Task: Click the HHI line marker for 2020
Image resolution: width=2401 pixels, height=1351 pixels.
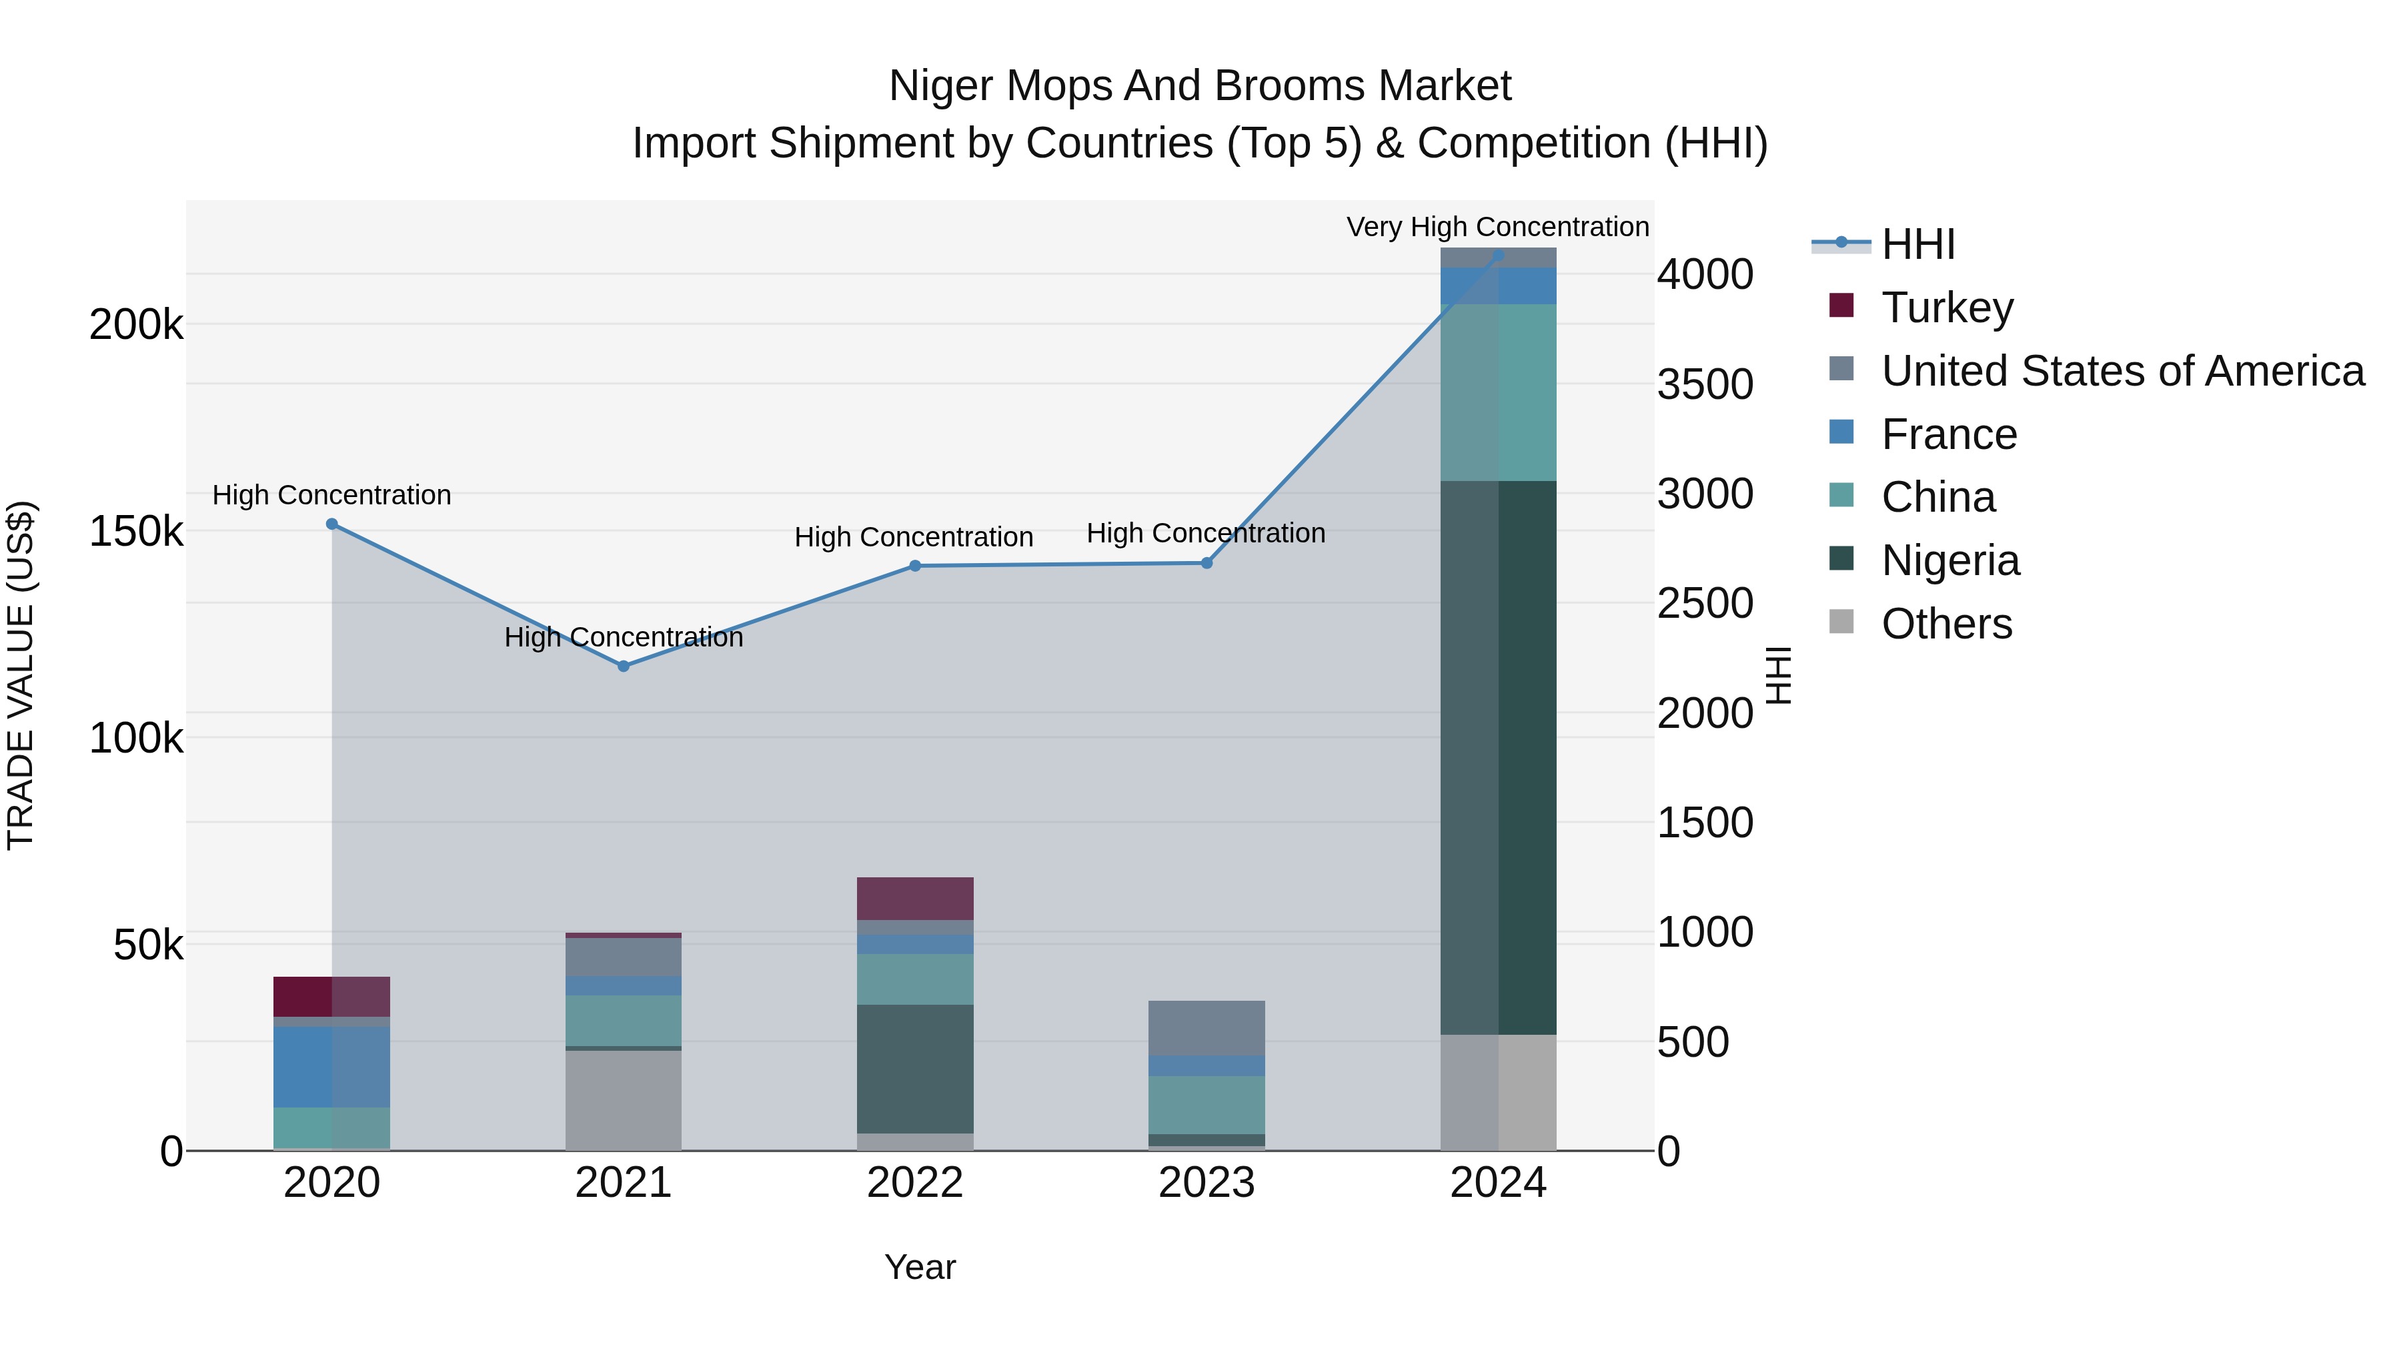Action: (x=332, y=524)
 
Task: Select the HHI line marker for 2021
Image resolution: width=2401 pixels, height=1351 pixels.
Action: (x=624, y=666)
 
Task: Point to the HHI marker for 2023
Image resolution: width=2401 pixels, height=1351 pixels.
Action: (x=1206, y=562)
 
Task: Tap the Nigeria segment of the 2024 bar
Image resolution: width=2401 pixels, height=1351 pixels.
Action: (x=1498, y=757)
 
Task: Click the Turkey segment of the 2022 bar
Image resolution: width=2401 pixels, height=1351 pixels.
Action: (x=914, y=898)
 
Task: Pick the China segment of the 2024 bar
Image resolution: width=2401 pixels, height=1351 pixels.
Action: (x=1498, y=392)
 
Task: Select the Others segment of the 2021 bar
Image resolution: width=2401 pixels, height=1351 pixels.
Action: (x=623, y=1099)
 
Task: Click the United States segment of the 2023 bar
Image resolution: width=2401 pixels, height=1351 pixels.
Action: (x=1206, y=1027)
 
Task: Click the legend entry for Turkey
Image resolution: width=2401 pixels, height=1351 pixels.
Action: (x=1946, y=308)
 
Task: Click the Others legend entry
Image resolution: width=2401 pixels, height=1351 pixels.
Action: (x=1945, y=624)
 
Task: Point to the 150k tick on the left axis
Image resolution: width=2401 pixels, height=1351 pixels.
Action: (x=136, y=532)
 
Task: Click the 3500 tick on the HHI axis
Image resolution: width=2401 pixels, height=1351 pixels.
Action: (x=1705, y=384)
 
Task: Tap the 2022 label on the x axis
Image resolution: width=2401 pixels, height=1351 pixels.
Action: (x=914, y=1183)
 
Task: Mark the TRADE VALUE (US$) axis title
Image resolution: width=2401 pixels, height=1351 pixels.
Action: (x=21, y=675)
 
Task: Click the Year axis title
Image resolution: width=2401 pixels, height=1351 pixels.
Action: (x=919, y=1267)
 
